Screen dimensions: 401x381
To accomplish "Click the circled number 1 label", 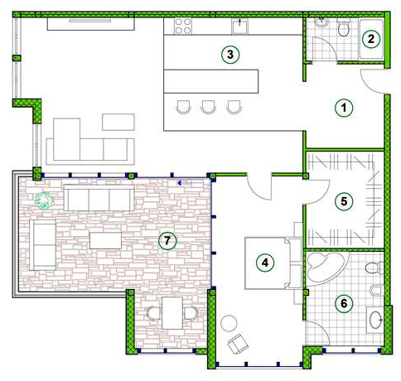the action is tap(344, 108).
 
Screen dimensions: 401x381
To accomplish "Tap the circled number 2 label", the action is tap(371, 39).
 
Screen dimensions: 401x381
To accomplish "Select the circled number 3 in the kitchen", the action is tap(230, 55).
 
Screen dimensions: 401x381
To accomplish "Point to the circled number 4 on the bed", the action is tap(265, 263).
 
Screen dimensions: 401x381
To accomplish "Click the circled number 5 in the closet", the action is tap(344, 201).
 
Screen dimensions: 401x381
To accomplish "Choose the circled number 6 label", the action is tap(344, 303).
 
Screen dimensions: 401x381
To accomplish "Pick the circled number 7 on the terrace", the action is tap(167, 241).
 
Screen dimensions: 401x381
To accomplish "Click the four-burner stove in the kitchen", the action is tap(183, 26).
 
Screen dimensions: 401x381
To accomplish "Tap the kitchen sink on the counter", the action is tap(240, 27).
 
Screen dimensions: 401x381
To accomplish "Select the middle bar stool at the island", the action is tap(209, 107).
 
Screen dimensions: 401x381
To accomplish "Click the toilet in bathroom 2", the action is tap(344, 27).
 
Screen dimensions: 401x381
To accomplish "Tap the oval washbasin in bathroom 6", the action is tap(375, 320).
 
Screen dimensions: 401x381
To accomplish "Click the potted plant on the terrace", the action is tap(44, 200).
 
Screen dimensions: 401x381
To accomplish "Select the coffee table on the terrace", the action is tap(105, 240).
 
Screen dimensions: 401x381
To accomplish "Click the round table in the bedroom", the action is tap(229, 323).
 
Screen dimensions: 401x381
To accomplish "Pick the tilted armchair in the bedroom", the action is tap(238, 344).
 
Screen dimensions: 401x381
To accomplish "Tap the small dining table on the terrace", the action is tap(172, 313).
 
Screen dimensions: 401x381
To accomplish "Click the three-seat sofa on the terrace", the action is tap(99, 198).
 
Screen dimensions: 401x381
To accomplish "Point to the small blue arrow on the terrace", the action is tap(180, 183).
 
